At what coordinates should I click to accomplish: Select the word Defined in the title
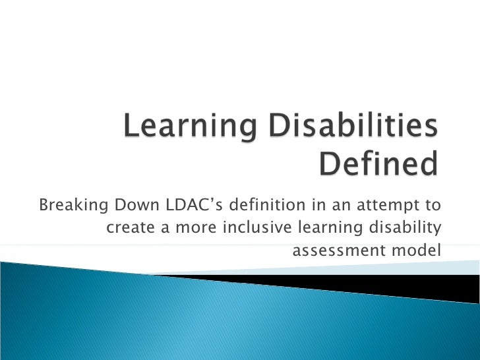(378, 165)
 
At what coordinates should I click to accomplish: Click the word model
(420, 251)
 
